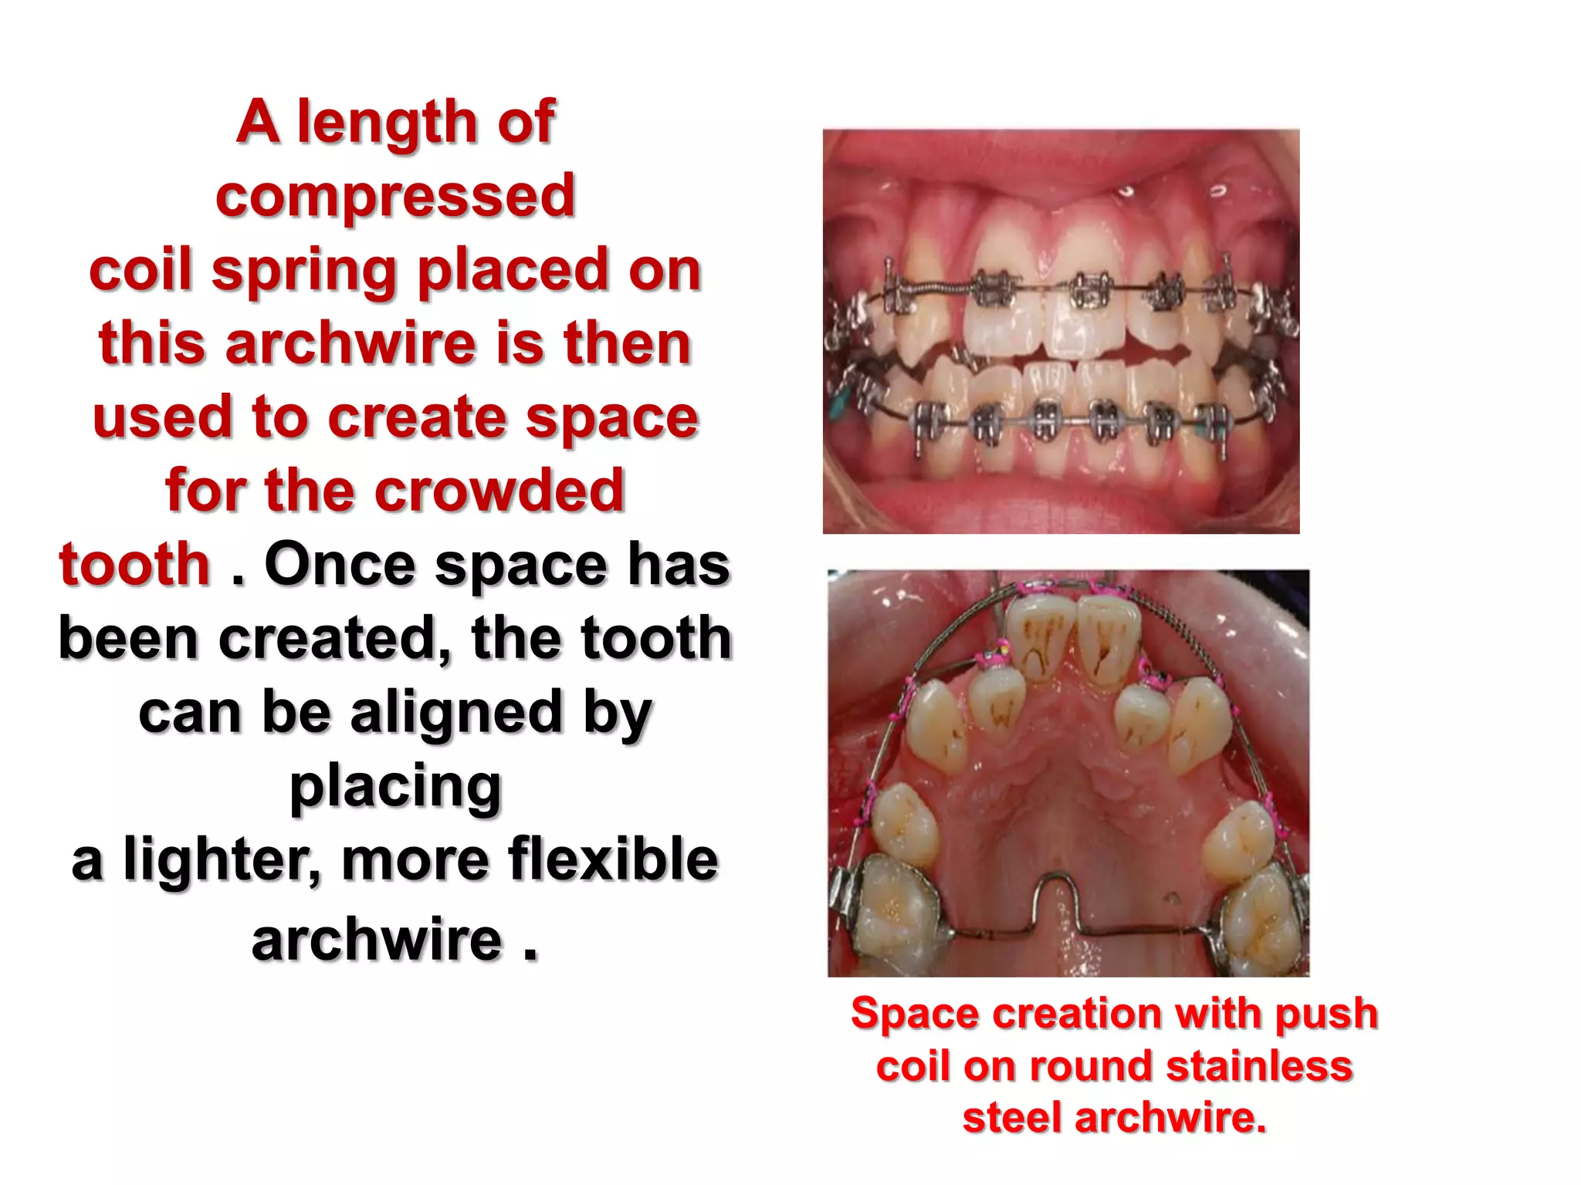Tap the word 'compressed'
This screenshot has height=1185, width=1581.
tap(395, 196)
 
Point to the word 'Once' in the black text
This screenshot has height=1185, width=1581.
tap(340, 565)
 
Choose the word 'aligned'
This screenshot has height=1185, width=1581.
tap(459, 713)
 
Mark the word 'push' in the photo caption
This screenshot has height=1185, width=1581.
tap(1325, 1013)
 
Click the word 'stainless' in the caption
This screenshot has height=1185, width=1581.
tap(1259, 1066)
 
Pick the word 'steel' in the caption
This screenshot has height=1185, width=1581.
tap(1011, 1118)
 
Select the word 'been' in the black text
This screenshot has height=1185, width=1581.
tap(129, 639)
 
